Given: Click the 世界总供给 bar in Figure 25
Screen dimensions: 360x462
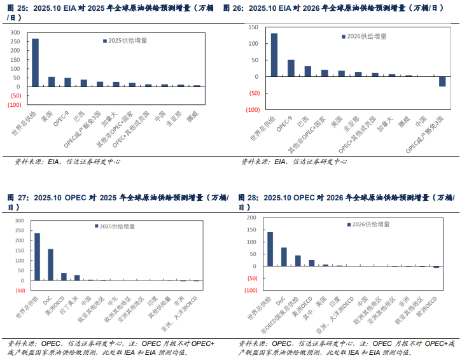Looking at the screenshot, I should point(35,62).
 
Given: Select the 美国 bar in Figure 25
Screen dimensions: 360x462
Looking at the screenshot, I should point(52,81).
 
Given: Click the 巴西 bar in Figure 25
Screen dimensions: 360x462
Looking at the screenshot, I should point(84,83).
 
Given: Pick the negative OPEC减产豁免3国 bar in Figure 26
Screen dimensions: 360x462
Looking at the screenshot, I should point(442,81).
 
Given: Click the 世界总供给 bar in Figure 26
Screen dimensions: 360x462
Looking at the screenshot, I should point(274,55).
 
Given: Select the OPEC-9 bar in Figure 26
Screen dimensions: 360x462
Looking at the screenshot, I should point(291,68).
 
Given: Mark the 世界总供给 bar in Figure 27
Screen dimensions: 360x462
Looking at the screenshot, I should point(37,256).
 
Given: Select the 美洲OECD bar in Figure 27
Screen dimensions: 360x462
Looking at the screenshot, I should point(64,277).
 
